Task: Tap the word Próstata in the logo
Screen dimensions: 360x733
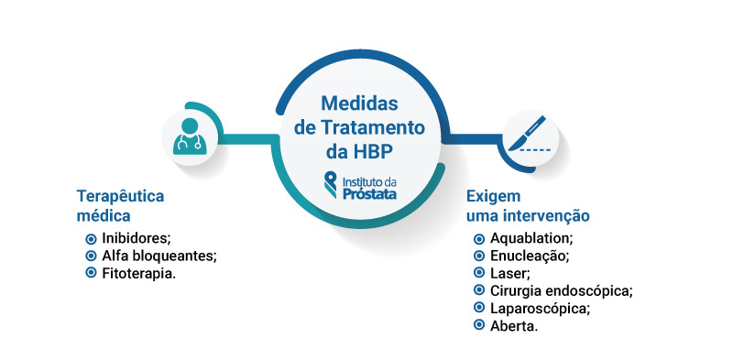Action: [x=370, y=191]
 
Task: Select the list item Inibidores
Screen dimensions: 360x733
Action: [x=137, y=238]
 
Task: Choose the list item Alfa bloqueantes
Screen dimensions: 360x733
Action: [x=159, y=256]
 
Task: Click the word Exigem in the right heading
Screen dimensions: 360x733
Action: [x=493, y=197]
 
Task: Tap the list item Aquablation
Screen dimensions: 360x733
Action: [x=531, y=238]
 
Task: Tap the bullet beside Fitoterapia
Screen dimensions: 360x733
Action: [x=91, y=273]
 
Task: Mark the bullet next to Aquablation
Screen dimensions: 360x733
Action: [x=479, y=238]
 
